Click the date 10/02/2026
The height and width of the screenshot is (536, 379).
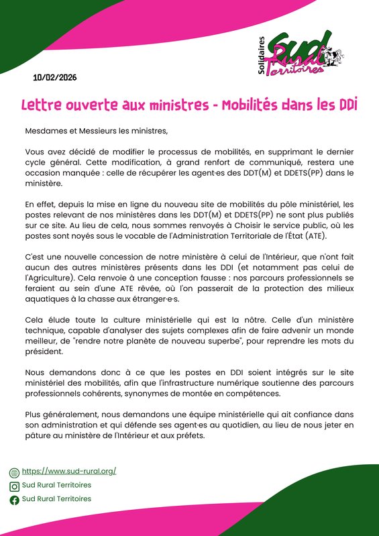[x=55, y=78]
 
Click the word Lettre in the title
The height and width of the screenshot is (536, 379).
[x=42, y=105]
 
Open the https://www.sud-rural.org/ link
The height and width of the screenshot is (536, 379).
[x=69, y=471]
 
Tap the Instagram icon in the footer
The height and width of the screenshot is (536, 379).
[x=14, y=486]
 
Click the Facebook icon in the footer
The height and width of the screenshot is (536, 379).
[x=14, y=500]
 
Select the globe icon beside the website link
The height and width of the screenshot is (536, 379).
[x=14, y=472]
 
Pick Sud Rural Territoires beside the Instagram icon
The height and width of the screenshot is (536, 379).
[x=56, y=485]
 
